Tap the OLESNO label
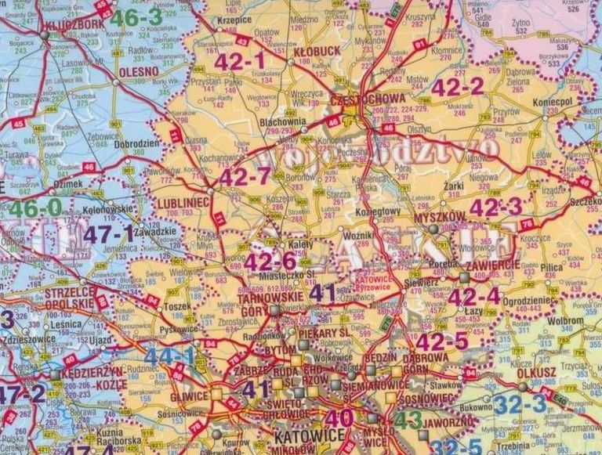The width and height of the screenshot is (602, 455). [x=138, y=70]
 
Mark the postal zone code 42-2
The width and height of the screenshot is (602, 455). [x=457, y=87]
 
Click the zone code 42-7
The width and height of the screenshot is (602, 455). [x=244, y=177]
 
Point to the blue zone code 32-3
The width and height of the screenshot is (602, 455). [x=520, y=404]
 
